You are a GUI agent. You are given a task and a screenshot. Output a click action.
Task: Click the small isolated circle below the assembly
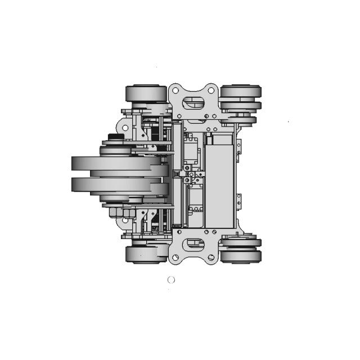point(172,280)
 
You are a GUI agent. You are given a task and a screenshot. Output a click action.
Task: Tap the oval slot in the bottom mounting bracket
point(194,243)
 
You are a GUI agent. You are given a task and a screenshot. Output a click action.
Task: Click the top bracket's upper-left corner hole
point(175,90)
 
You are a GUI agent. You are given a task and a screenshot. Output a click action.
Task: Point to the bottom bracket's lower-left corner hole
point(175,258)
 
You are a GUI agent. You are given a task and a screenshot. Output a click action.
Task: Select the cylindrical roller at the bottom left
point(145,254)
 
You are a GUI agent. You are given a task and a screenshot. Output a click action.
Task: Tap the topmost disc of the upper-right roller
point(241,91)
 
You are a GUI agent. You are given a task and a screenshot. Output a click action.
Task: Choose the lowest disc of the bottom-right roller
point(241,257)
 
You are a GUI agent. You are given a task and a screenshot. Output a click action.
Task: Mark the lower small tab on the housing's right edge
point(239,200)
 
